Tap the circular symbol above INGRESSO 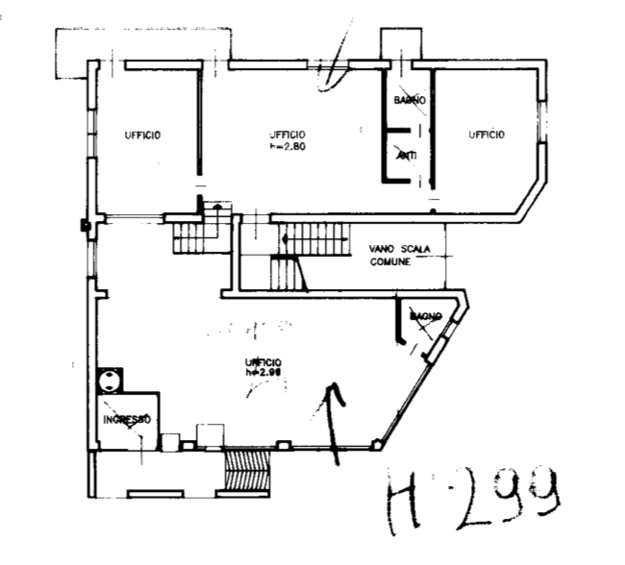111,379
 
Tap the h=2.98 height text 262,372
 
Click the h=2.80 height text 287,146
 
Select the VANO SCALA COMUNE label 399,255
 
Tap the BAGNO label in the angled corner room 425,316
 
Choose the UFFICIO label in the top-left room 141,135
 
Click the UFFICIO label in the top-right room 487,135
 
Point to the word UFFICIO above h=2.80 287,134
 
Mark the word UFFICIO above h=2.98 262,361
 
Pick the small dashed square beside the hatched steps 209,433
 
